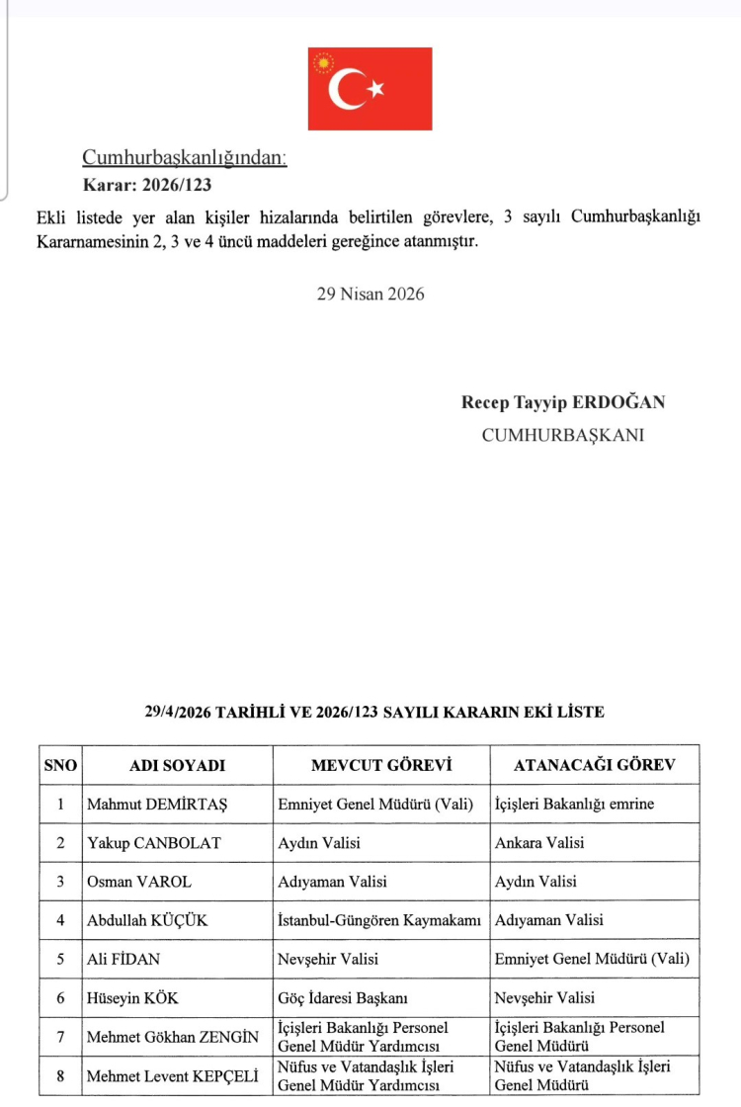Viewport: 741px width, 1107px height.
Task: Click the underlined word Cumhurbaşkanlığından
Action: pos(184,157)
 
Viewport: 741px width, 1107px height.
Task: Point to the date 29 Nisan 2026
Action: pos(370,294)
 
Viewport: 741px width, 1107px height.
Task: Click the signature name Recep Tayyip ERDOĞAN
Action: pos(563,402)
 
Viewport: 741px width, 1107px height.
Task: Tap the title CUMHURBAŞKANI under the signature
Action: pos(562,434)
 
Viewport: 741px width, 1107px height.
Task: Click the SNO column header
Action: pos(60,765)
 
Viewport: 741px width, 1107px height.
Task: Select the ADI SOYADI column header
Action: pos(178,765)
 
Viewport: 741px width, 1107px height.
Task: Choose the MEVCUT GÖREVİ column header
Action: pos(380,765)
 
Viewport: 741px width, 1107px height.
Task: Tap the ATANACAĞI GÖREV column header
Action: pos(594,765)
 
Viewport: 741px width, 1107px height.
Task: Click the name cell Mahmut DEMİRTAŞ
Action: pos(157,805)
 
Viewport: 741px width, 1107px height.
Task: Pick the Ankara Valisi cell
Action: pos(539,843)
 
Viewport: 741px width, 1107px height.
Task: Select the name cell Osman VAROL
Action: pos(139,882)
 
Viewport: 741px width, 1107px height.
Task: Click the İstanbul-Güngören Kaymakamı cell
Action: pos(379,920)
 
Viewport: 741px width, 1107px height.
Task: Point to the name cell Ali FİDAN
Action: pos(125,959)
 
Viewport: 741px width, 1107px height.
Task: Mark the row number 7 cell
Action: pos(60,1037)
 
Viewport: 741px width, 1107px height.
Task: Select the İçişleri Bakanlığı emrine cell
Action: pos(574,805)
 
